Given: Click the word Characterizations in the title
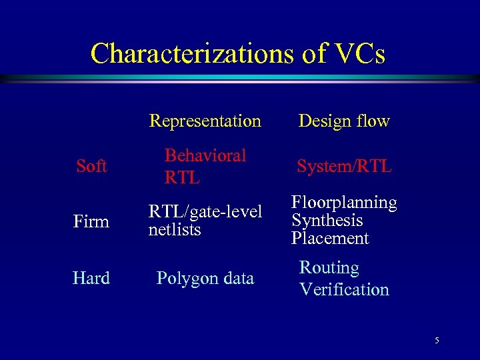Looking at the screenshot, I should coord(193,53).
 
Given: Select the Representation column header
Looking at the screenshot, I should coord(205,121).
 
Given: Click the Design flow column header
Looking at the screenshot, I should coord(344,121).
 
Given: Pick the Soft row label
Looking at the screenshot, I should coord(91,166).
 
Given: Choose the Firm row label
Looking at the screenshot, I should coord(91,221).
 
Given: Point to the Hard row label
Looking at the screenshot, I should coord(91,278).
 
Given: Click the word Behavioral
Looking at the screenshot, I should coord(205,155).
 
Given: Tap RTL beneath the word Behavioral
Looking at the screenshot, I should coord(183,178).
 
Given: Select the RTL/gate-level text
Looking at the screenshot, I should coord(205,212).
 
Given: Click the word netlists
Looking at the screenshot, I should coord(175,230).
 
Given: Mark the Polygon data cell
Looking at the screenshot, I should coord(205,278).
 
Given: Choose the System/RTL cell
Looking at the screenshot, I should coord(344,166).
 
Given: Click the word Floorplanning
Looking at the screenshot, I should coord(344,203).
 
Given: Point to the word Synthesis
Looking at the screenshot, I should coord(327,221).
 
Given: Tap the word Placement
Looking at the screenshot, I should coord(329,238).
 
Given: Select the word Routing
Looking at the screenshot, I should coord(329,268).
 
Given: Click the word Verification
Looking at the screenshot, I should coord(344,289).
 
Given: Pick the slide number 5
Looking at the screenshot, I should coord(437,341).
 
